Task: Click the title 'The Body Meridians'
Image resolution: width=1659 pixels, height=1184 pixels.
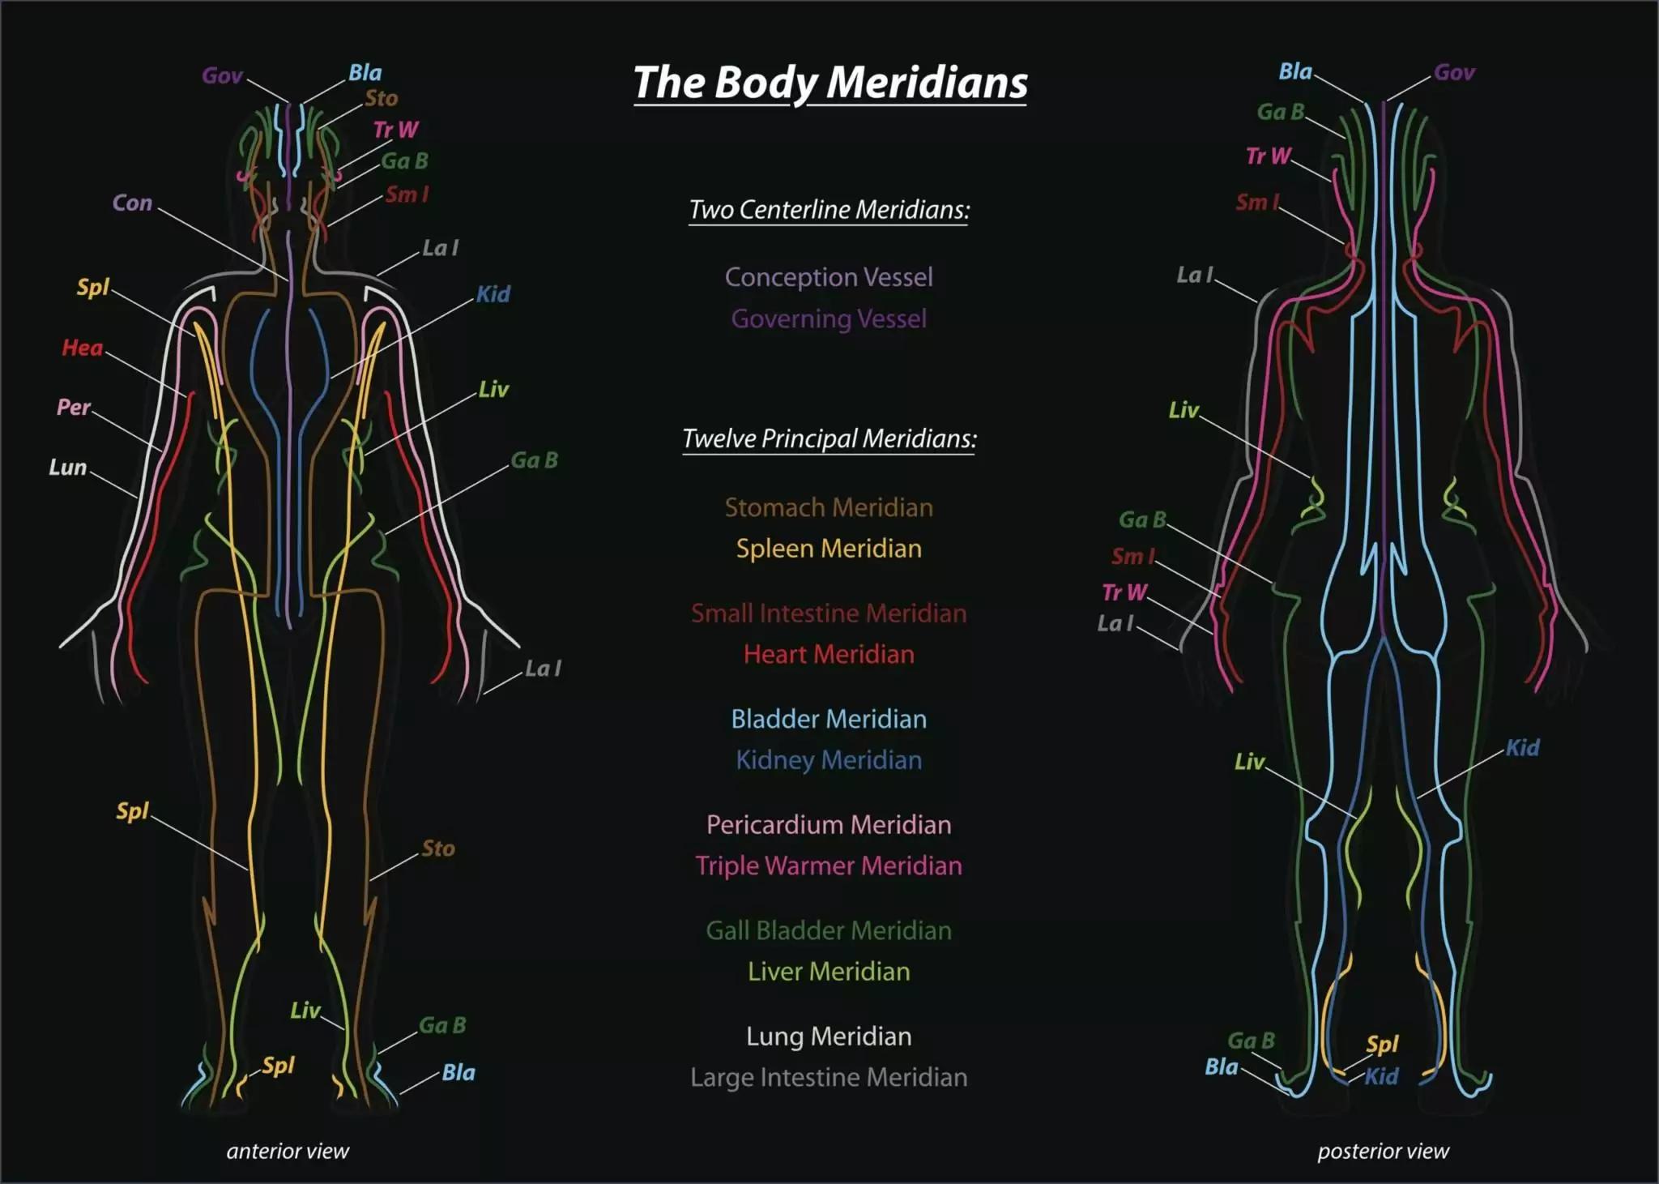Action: (830, 83)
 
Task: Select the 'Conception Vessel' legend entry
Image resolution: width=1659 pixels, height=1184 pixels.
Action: (829, 277)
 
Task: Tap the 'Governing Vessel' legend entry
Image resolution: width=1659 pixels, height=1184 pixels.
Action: (829, 318)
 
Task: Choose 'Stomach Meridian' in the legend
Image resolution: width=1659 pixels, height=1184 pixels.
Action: (829, 507)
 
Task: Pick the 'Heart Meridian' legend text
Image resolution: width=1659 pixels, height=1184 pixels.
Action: (829, 654)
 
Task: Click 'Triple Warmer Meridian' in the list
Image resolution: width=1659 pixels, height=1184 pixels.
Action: (829, 866)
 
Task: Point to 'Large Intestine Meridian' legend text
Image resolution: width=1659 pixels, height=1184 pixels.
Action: (829, 1077)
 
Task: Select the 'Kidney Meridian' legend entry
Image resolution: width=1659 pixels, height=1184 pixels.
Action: (829, 760)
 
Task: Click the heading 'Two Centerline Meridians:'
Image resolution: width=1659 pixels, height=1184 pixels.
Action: (829, 210)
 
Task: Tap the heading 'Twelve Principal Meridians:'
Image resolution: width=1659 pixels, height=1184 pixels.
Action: (829, 438)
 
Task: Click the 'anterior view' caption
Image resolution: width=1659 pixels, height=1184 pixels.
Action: (288, 1151)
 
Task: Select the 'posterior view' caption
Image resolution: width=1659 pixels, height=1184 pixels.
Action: (1383, 1151)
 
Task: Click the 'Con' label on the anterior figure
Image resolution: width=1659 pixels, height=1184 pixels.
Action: (132, 203)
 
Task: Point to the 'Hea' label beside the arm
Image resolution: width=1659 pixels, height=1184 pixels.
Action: (83, 348)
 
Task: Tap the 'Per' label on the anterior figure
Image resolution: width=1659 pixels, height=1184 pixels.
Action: (74, 407)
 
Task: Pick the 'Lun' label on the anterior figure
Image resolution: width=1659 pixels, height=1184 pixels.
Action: (67, 467)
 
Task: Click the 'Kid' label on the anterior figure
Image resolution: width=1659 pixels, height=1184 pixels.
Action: (493, 294)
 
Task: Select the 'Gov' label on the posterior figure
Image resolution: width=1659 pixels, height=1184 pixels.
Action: (1454, 73)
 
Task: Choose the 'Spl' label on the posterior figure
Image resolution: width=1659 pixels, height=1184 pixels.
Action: (1382, 1045)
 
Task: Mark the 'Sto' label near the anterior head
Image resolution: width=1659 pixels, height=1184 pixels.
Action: (382, 99)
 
